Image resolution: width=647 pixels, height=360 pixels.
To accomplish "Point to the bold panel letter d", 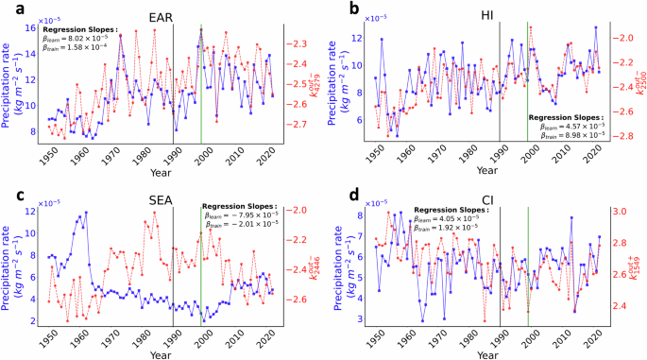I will pyautogui.click(x=330, y=196).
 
